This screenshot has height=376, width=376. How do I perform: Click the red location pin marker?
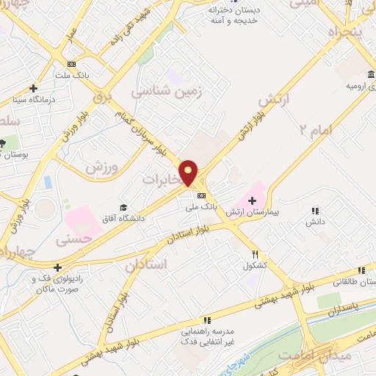click(189, 173)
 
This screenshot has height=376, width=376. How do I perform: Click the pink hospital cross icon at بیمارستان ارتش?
click(252, 200)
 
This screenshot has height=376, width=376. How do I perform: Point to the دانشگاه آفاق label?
click(121, 219)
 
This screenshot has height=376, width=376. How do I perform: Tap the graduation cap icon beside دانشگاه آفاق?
click(123, 207)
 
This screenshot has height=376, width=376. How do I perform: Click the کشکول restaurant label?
click(253, 265)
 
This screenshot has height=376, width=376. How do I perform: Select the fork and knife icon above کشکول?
click(255, 253)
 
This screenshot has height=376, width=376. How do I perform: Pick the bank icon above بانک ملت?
click(71, 64)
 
